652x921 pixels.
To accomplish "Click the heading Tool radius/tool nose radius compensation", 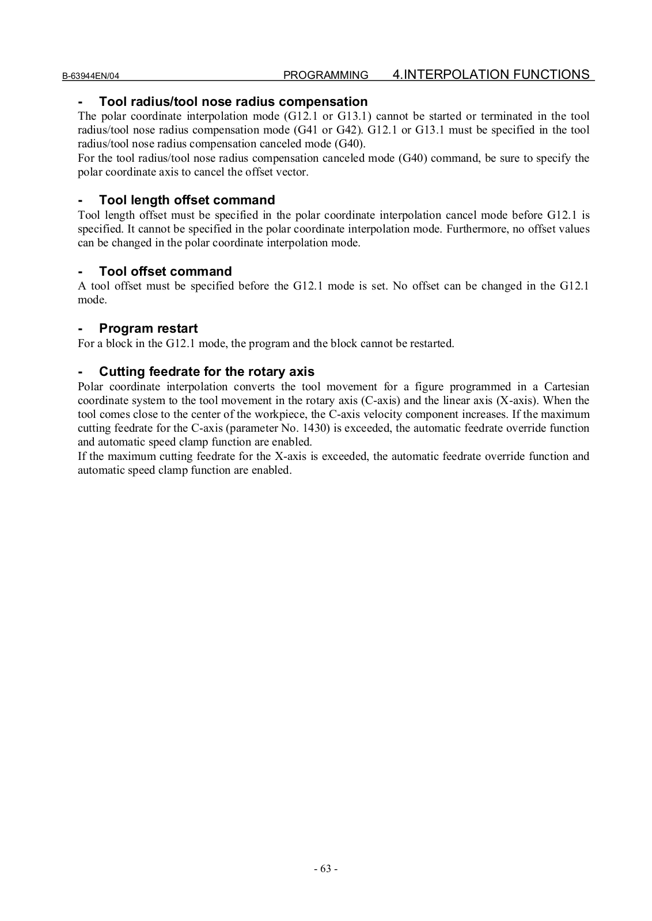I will (233, 102).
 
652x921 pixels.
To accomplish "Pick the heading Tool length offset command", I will (187, 200).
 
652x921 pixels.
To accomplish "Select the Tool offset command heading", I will (165, 272).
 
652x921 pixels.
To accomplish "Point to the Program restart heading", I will (148, 329).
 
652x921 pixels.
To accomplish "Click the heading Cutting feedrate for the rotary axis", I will (207, 372).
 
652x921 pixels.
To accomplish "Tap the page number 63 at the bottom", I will (325, 869).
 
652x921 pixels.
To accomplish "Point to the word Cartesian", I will (566, 387).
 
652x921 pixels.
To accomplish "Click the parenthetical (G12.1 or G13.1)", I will (328, 116).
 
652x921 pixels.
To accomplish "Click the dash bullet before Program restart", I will (81, 329).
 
